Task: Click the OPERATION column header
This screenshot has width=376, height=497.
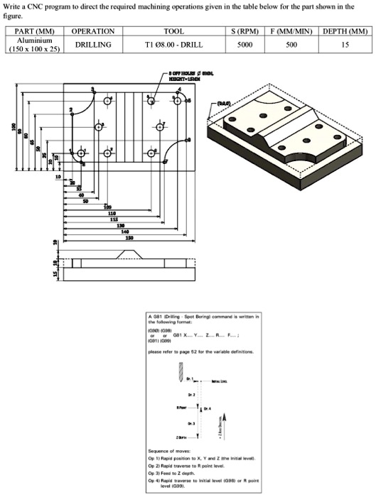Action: [92, 32]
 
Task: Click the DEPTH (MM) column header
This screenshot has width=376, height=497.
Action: [344, 32]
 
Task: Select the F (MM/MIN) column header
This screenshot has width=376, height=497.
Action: [291, 32]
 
